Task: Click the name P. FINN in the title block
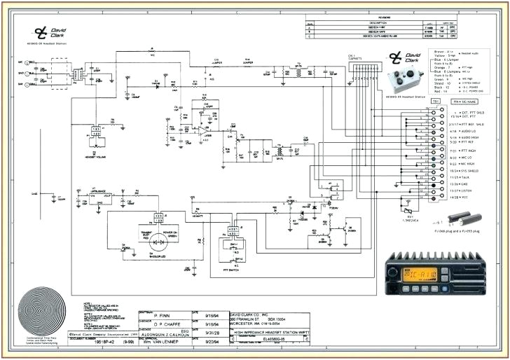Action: point(165,316)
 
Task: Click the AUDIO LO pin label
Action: point(448,131)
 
